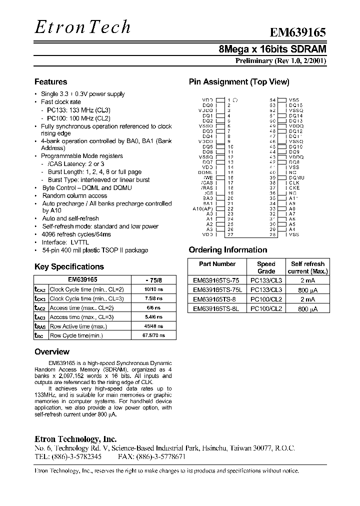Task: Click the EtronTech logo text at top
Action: [82, 27]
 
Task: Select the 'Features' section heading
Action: [50, 82]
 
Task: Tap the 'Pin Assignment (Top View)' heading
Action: [238, 82]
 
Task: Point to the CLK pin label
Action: [293, 183]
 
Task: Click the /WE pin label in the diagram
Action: [208, 177]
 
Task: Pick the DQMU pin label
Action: [296, 177]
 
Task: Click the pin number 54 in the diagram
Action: [272, 100]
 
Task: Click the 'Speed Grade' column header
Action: [266, 267]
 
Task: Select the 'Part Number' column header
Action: [217, 264]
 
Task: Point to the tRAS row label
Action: [39, 326]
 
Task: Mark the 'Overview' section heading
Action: [52, 352]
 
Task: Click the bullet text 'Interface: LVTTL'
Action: [61, 242]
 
